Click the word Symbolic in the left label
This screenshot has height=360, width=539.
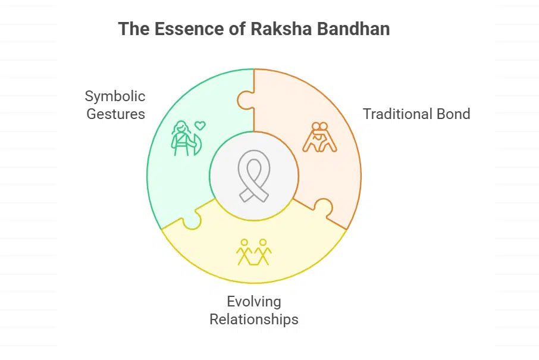tap(115, 96)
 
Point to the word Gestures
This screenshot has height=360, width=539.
tap(115, 114)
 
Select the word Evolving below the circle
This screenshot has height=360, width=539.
tap(253, 302)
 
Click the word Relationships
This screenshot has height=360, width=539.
tap(253, 320)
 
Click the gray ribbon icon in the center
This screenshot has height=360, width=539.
tap(254, 177)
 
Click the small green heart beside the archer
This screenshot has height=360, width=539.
tap(200, 126)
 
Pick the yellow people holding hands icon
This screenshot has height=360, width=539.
tap(253, 252)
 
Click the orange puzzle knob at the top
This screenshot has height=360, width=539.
tap(245, 99)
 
